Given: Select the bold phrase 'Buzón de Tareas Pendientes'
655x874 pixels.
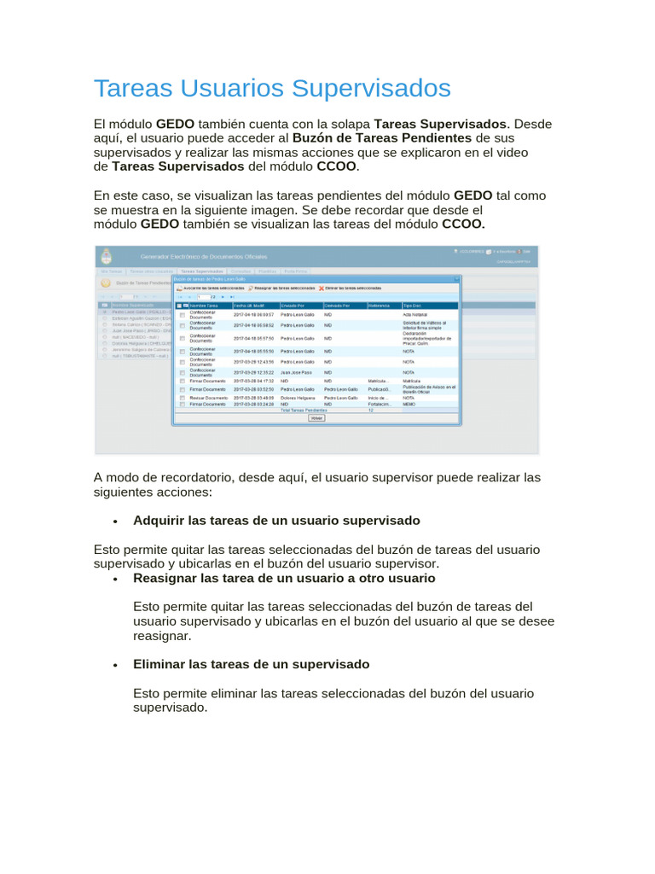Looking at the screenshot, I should coord(381,137).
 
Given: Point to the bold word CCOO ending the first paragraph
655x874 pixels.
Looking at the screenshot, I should coord(336,166).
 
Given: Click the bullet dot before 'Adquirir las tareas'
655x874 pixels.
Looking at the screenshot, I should coord(113,521).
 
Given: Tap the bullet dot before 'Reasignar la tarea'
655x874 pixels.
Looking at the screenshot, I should coord(113,579).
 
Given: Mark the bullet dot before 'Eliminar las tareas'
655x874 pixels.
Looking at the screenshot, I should coord(113,665).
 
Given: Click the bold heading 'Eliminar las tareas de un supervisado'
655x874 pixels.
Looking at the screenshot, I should coord(251,664).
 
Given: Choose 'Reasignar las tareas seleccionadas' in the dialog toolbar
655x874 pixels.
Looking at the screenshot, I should coord(283,288).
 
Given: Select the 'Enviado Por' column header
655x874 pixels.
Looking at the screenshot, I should coord(293,305).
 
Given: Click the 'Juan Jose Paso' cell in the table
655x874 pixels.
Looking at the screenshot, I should coord(296,373).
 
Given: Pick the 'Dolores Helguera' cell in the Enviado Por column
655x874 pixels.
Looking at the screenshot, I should coord(298,398).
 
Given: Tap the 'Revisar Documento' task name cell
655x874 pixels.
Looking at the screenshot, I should coord(208,398).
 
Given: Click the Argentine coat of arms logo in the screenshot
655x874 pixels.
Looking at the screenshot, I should coord(106,257).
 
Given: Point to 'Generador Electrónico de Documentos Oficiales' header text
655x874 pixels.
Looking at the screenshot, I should coord(204,257).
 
